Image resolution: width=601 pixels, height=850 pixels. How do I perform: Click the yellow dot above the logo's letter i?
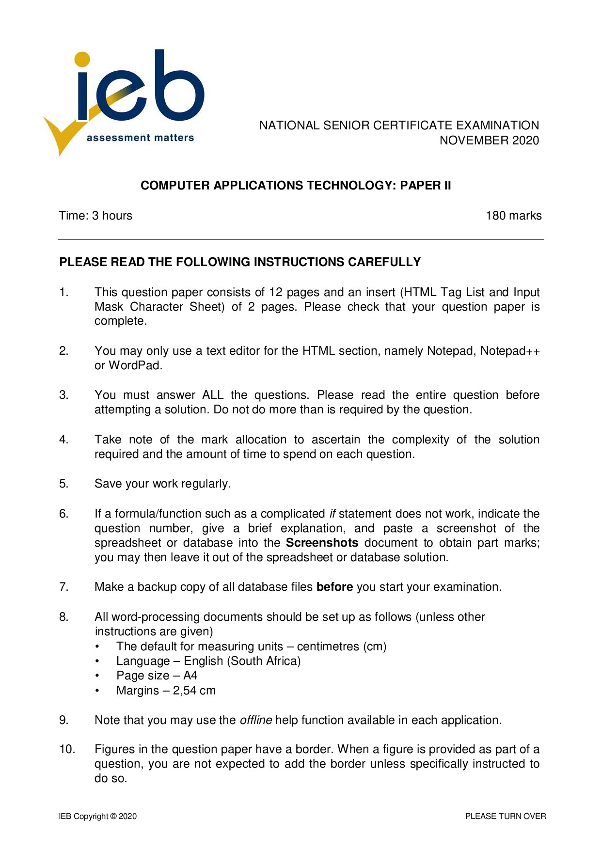[82, 59]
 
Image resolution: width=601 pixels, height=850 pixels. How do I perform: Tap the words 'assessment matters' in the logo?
[140, 138]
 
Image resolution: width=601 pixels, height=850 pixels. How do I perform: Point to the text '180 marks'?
[513, 216]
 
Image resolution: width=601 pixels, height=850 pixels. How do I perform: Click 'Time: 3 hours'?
[95, 216]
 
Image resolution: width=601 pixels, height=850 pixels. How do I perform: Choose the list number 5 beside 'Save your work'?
[63, 484]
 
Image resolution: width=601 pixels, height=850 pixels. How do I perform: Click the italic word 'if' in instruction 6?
[332, 514]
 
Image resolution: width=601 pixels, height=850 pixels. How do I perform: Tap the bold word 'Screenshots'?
[322, 543]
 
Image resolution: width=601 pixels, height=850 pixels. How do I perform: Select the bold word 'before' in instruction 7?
[334, 587]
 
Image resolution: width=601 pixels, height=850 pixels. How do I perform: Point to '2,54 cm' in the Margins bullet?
[194, 691]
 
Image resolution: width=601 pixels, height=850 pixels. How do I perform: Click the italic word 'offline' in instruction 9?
[256, 720]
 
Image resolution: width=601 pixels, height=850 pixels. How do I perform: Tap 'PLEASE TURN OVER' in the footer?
[505, 816]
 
